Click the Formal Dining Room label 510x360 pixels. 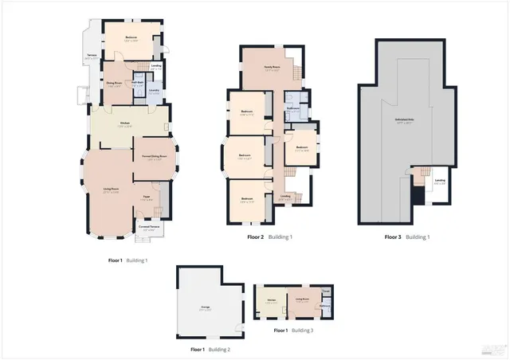[x=155, y=157]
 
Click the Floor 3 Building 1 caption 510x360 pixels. [x=407, y=237]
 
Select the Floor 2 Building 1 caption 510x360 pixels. [x=269, y=237]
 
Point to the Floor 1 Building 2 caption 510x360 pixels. [x=210, y=350]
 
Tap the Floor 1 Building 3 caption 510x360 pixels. [x=293, y=330]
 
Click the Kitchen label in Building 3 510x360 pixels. [x=271, y=303]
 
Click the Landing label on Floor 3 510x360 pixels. [x=440, y=181]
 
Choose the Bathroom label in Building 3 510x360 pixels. [x=325, y=307]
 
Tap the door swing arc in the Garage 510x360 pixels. [x=237, y=331]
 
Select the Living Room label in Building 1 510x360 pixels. [x=111, y=190]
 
